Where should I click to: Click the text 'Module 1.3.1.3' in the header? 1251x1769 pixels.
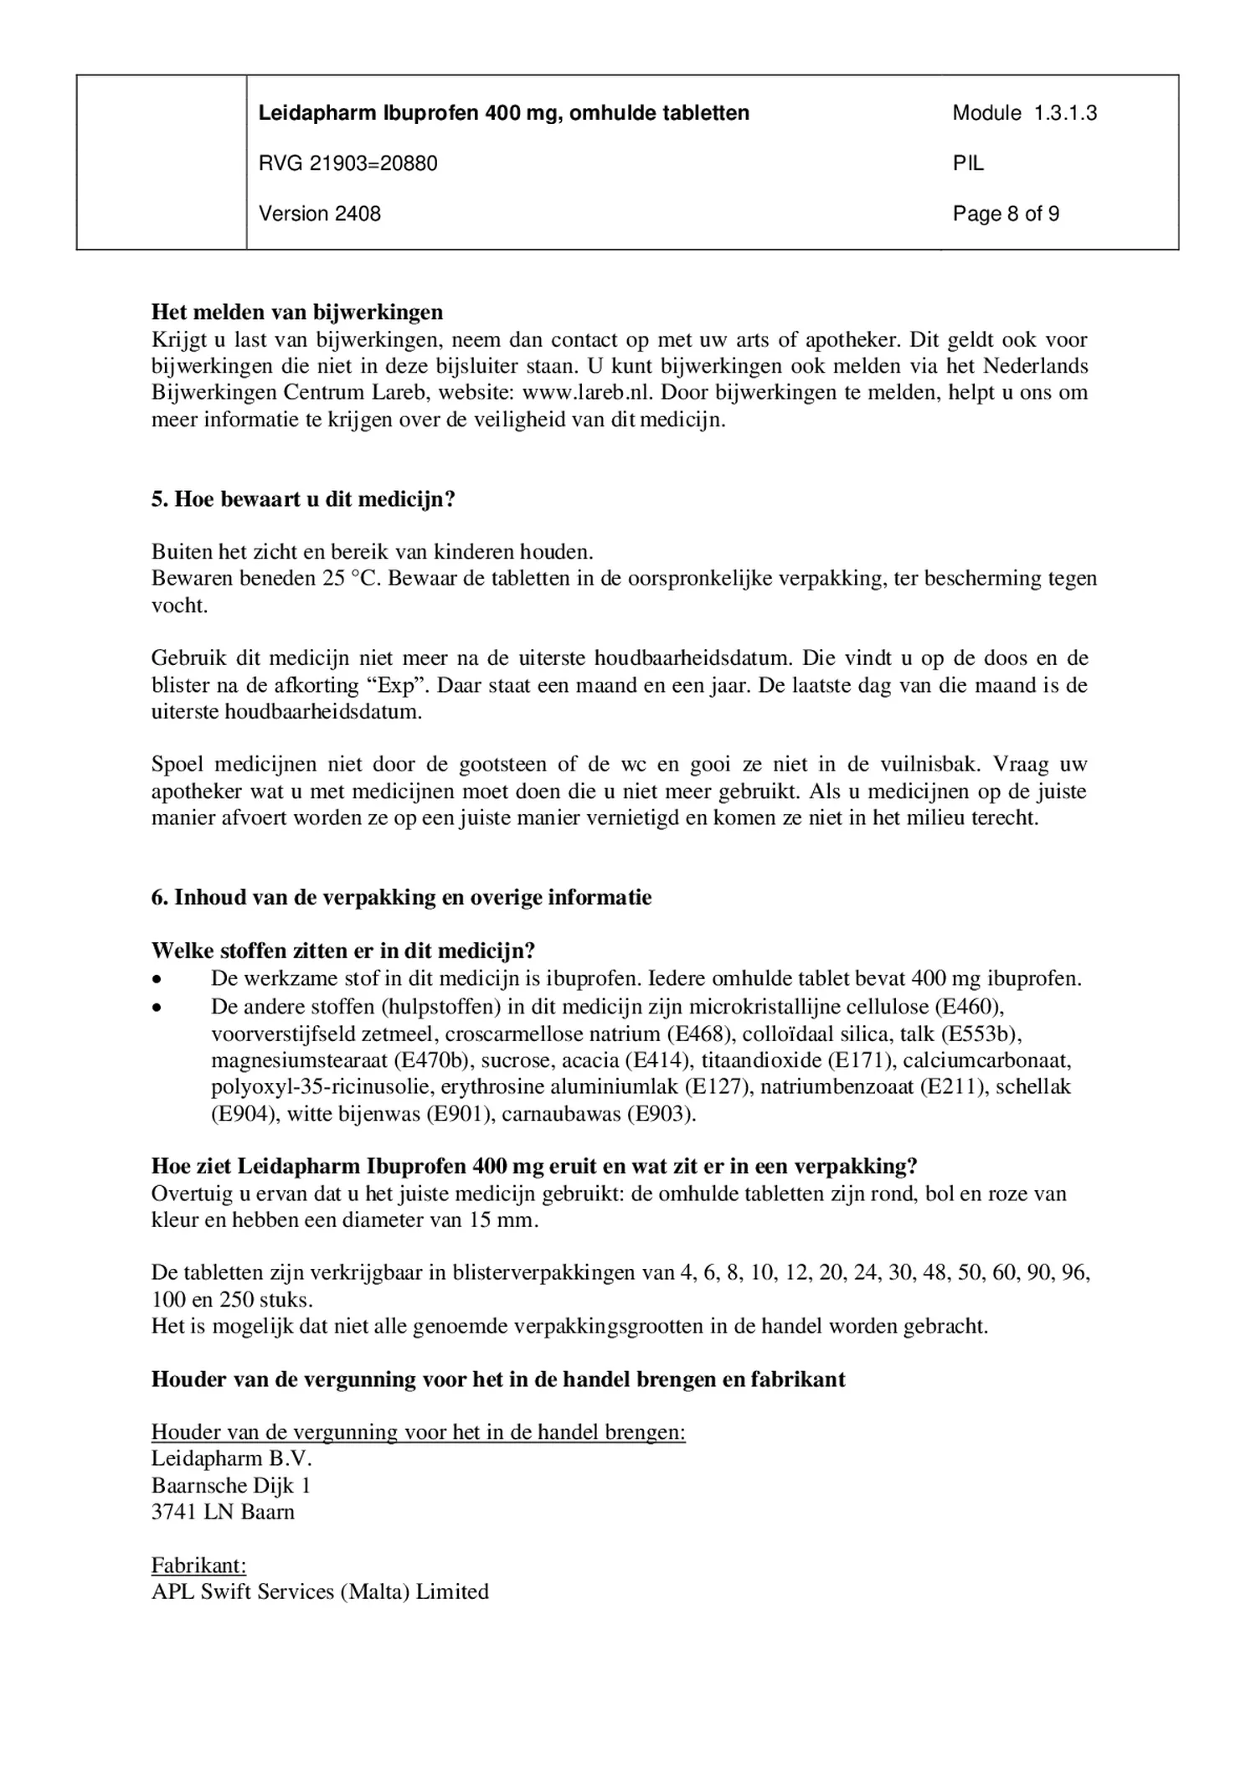tap(1024, 113)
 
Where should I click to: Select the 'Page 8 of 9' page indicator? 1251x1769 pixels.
tap(1006, 214)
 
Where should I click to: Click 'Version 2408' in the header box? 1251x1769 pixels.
tap(319, 214)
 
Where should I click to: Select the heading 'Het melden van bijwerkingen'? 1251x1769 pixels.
tap(297, 312)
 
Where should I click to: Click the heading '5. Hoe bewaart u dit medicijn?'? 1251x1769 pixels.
tap(303, 499)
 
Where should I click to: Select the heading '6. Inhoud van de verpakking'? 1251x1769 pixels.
tap(401, 897)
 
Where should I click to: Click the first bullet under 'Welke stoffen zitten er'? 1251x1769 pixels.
tap(157, 978)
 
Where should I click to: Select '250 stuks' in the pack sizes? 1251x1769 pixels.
tap(266, 1300)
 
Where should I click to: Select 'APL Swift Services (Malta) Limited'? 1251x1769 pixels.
tap(320, 1591)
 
